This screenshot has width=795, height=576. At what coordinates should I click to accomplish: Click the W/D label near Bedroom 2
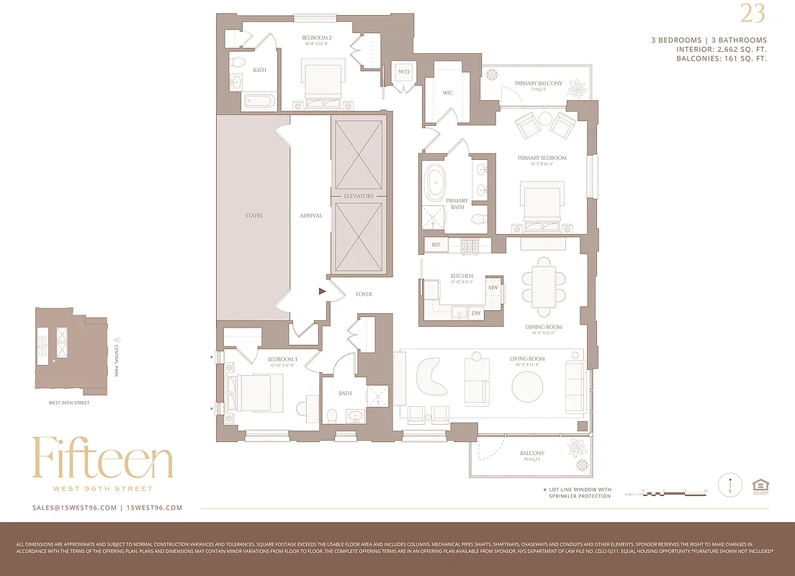click(x=404, y=73)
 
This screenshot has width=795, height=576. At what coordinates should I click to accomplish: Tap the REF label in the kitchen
click(x=436, y=246)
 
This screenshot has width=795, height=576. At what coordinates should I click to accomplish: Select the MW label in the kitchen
click(x=493, y=288)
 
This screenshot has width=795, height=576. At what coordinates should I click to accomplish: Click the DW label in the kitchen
click(x=476, y=313)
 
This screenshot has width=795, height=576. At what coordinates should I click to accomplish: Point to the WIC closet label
click(x=447, y=92)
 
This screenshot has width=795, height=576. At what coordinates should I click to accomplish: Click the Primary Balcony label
click(x=538, y=84)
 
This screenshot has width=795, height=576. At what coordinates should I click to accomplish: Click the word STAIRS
click(x=253, y=216)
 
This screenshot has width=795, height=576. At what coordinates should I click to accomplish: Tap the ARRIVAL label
click(x=311, y=216)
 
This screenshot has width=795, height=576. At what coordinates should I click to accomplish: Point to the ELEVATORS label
click(x=359, y=196)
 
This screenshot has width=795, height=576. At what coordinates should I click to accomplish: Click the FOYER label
click(x=364, y=294)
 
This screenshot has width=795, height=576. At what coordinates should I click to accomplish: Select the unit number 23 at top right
click(x=753, y=14)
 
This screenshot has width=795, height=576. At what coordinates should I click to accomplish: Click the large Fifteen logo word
click(x=102, y=459)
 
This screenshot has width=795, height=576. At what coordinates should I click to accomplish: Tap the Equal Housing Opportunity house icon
click(x=759, y=486)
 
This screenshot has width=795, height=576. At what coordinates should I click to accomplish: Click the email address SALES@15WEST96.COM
click(x=74, y=508)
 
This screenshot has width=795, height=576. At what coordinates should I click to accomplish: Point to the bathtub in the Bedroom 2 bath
click(x=259, y=101)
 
